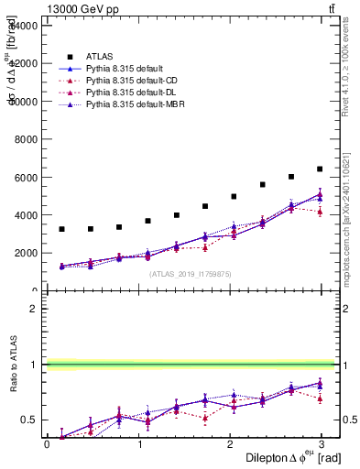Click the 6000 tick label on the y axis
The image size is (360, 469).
24,178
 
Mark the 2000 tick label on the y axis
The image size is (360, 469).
24,253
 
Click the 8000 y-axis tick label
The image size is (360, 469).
24,139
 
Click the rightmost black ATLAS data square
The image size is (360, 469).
320,169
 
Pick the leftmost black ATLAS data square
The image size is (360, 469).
61,229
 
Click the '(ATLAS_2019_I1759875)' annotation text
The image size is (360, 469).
190,273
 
